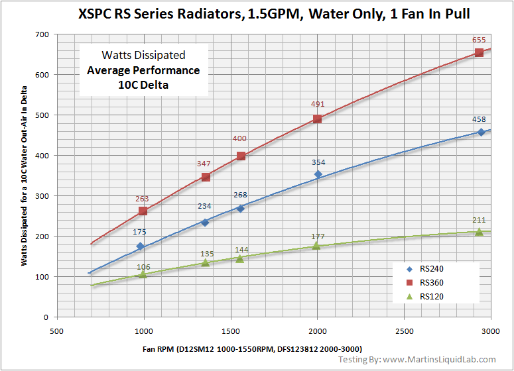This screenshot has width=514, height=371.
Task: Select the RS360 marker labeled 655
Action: coord(479,52)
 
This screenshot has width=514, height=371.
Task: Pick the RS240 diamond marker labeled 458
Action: coord(481,132)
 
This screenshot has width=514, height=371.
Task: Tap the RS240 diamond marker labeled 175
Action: coord(140,246)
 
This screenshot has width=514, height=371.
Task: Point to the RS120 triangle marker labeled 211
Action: coord(479,232)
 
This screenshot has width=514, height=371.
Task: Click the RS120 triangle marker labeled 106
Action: coord(143,274)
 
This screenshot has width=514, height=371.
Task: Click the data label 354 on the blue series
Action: coord(318,162)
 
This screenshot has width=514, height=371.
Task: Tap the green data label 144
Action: coord(241,250)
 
